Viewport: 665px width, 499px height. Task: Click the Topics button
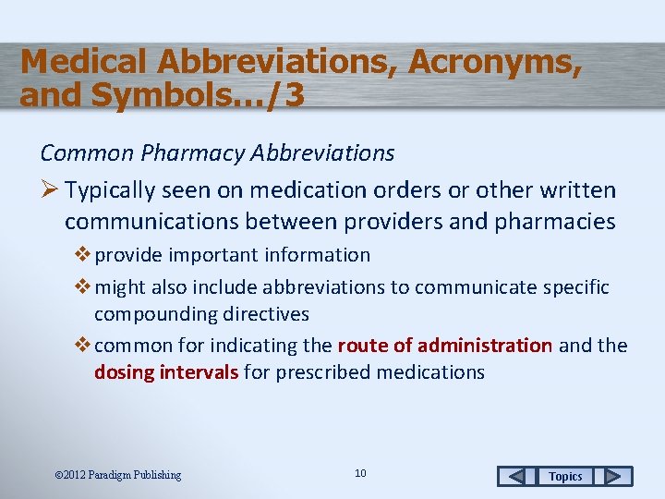click(565, 476)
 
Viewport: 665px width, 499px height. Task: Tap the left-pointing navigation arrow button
click(517, 476)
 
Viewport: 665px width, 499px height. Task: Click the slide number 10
click(360, 473)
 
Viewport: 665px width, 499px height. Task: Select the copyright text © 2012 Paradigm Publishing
click(118, 475)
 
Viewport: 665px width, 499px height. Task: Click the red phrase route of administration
click(445, 346)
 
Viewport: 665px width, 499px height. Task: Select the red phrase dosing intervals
click(166, 372)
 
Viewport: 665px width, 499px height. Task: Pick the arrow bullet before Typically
click(50, 190)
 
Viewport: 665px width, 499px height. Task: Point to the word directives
click(266, 314)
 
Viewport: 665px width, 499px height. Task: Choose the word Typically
click(112, 190)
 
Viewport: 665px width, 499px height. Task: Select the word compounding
click(155, 314)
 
